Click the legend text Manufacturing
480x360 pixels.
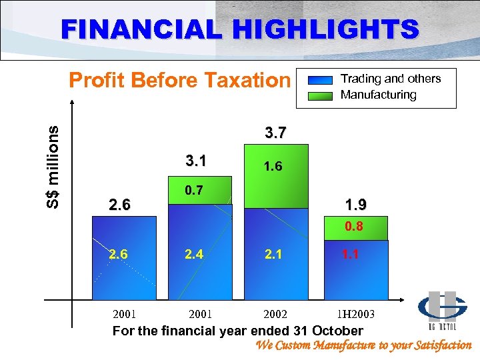point(378,95)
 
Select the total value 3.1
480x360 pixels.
point(196,161)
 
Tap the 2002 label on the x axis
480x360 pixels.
point(275,313)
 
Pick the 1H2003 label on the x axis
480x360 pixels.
point(355,313)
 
